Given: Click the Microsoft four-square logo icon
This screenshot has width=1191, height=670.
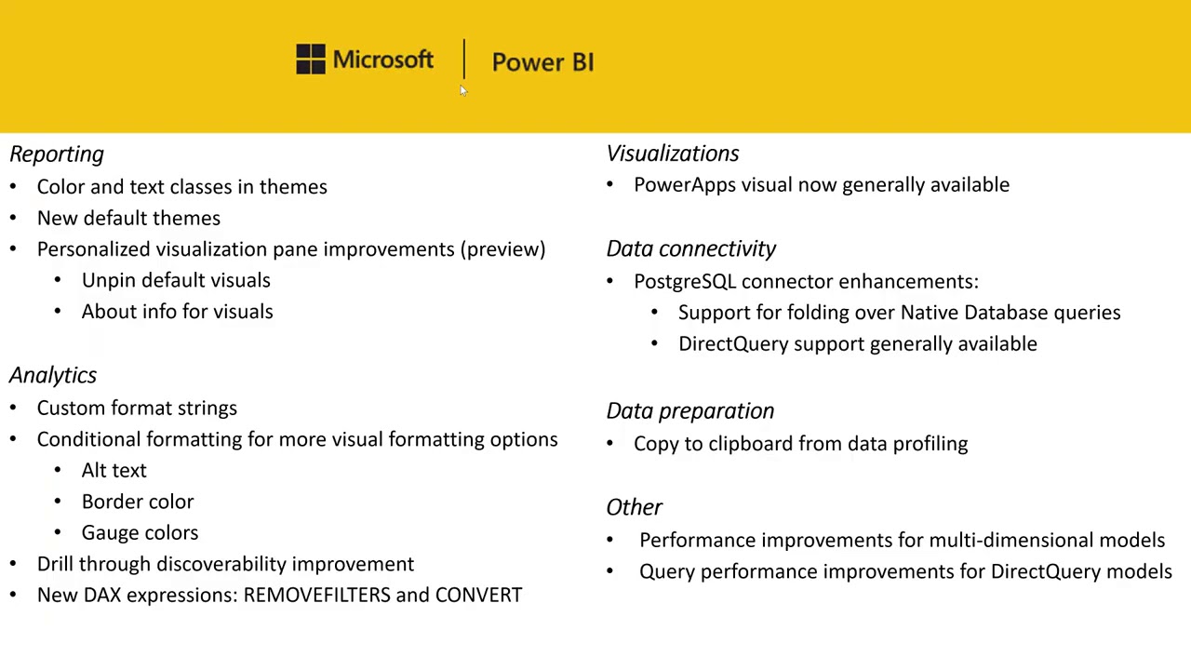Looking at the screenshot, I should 311,60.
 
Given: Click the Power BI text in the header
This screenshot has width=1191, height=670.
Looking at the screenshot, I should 542,62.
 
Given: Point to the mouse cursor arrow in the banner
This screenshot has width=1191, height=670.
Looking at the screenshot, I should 462,89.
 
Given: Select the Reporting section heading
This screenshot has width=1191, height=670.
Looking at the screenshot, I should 57,154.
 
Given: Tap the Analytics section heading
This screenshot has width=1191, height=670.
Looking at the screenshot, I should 53,375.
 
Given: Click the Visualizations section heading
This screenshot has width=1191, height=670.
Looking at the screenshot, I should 673,154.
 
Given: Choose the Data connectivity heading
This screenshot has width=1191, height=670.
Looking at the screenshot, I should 690,248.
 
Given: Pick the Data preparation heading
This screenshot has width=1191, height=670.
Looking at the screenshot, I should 689,410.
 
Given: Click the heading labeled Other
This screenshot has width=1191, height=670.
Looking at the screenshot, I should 634,507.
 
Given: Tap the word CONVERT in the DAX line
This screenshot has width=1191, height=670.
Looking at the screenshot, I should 478,595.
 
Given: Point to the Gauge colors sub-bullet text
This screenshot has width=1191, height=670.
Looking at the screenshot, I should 140,533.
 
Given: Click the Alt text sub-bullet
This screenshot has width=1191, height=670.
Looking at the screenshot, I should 114,471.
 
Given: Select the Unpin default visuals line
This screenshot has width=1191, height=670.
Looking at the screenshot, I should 176,280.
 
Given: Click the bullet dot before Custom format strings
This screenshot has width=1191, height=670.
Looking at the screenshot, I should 13,409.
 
